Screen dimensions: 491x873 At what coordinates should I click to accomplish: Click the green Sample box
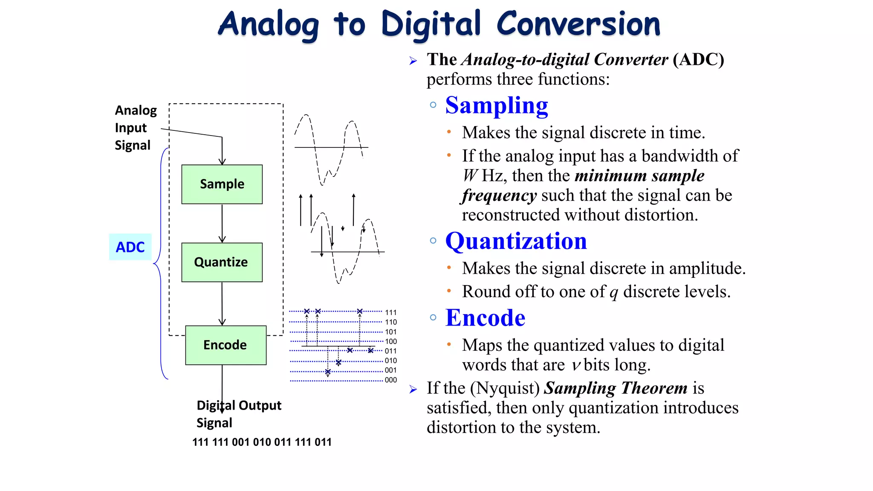(x=222, y=184)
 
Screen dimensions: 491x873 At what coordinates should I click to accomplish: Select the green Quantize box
(x=222, y=262)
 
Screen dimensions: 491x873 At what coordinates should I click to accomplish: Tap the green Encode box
(x=225, y=345)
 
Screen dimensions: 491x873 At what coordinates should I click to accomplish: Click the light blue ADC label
(x=130, y=247)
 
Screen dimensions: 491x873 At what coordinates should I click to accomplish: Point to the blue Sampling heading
(x=497, y=105)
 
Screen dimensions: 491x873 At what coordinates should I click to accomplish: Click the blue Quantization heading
(x=516, y=241)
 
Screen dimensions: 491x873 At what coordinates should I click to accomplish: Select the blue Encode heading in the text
(x=485, y=318)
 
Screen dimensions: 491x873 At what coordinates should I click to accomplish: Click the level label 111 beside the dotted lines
(x=390, y=312)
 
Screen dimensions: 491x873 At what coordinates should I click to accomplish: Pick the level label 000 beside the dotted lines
(x=390, y=380)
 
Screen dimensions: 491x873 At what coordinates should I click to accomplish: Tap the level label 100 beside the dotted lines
(x=390, y=341)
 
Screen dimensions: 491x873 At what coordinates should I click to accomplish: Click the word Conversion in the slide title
(x=578, y=24)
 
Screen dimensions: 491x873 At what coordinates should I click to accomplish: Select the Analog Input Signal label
(x=135, y=127)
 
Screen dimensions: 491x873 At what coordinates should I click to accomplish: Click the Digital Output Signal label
(x=238, y=413)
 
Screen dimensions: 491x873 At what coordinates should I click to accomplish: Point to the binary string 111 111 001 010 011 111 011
(x=262, y=442)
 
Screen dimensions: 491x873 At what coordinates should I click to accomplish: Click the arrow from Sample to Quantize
(x=222, y=223)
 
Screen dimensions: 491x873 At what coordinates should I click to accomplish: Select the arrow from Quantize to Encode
(x=222, y=303)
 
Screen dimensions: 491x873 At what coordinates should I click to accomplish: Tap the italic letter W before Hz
(x=470, y=176)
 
